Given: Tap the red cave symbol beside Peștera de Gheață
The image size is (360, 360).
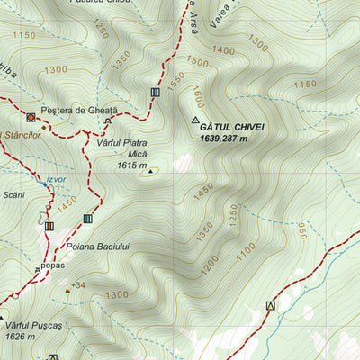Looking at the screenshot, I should coord(31,117).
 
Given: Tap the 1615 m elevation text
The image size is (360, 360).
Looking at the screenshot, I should coord(131,165).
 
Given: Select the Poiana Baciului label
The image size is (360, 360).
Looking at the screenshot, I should coord(98,247).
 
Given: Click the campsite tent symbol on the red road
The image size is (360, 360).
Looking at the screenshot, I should coord(269,306).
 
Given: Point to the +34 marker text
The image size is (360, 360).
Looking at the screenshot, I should coord(78,286).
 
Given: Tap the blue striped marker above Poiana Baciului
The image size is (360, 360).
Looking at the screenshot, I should coord(88,219).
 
